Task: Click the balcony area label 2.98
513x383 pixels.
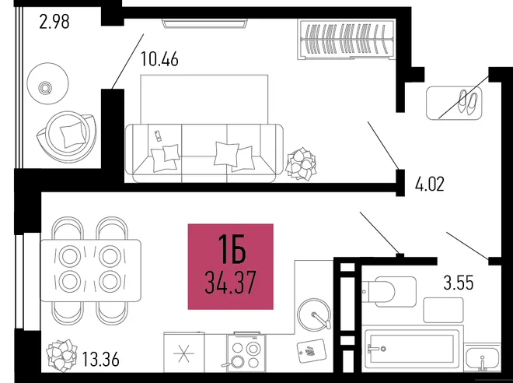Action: coord(54,22)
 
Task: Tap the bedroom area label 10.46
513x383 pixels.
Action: coord(159,59)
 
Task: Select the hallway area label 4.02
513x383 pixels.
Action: coord(430,184)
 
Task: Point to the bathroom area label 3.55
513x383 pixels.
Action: coord(459,283)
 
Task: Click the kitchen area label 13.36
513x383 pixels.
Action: coord(100,359)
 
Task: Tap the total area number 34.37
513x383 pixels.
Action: coord(230,283)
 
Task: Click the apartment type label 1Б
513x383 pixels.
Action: coord(232,250)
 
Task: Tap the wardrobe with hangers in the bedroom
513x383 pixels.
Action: coord(347,40)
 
